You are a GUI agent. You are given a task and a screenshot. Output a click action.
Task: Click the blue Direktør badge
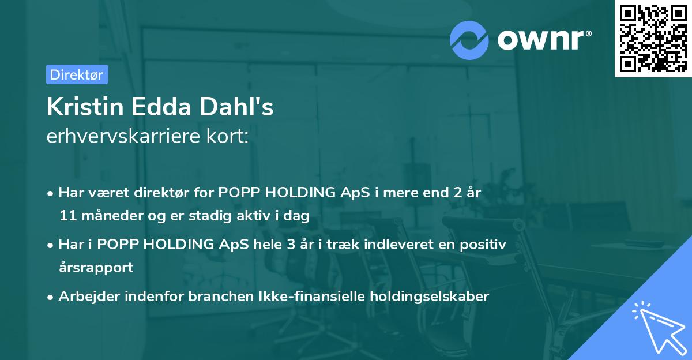click(77, 74)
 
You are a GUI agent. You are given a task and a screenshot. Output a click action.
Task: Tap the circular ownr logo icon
click(469, 40)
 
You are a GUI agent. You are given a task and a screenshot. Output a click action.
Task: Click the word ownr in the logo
click(540, 40)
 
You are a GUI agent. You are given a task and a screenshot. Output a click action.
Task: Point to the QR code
click(653, 39)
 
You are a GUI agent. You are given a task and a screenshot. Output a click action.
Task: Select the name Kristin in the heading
click(85, 107)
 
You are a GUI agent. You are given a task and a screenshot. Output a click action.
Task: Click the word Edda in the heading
click(161, 107)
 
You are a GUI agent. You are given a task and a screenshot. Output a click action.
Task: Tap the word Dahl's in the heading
click(236, 107)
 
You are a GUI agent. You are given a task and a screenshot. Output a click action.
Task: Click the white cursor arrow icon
click(660, 328)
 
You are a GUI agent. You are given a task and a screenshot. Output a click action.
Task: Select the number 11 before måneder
click(68, 215)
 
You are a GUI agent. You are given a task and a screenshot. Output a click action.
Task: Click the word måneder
click(112, 215)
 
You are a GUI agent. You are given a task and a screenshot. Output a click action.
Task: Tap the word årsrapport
click(96, 268)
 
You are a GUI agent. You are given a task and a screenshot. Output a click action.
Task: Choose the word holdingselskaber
click(430, 297)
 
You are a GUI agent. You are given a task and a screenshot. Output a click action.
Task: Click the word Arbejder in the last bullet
click(89, 297)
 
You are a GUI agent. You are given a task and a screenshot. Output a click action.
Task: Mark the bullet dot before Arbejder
click(50, 298)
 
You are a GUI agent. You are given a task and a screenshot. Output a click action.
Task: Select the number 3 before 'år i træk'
click(291, 245)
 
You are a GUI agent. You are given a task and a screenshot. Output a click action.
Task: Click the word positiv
click(483, 245)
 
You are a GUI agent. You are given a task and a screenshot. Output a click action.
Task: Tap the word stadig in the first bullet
click(210, 216)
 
